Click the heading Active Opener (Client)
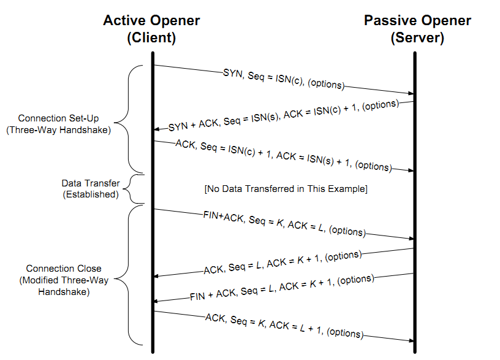pyautogui.click(x=151, y=28)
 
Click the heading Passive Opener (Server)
pyautogui.click(x=417, y=28)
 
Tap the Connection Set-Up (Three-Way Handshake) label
pyautogui.click(x=64, y=124)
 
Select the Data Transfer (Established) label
pyautogui.click(x=91, y=189)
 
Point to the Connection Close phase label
pyautogui.click(x=64, y=281)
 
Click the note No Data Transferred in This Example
pyautogui.click(x=286, y=189)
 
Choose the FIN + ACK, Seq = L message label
pyautogui.click(x=281, y=288)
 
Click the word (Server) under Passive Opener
pyautogui.click(x=417, y=38)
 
